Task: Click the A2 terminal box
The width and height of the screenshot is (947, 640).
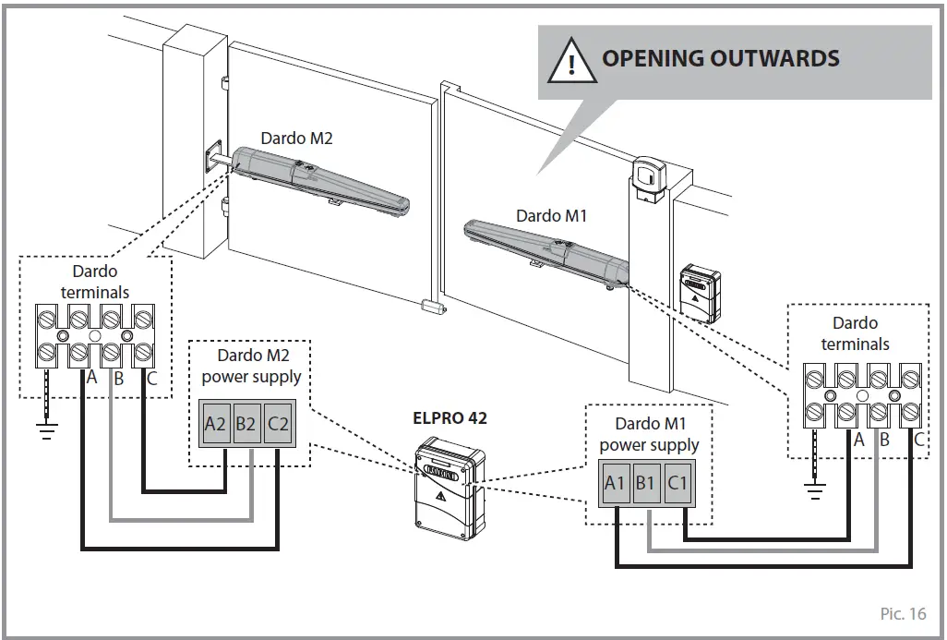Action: pos(215,424)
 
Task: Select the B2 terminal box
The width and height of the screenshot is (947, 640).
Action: pos(246,424)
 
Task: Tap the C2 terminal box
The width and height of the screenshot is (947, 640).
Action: pos(278,424)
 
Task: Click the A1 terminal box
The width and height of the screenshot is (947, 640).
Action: pos(615,483)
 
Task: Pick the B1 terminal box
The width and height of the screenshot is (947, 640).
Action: pos(646,483)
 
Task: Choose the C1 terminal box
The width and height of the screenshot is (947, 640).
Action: pos(677,483)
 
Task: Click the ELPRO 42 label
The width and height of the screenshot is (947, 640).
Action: pos(450,417)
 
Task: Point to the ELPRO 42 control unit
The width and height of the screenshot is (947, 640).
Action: pos(449,485)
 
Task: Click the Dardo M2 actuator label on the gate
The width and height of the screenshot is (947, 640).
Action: pos(296,139)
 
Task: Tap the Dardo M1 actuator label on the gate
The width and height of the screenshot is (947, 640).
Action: pos(551,216)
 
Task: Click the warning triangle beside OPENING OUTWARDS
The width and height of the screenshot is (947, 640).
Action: pos(572,61)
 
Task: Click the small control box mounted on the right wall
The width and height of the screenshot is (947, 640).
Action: pos(699,290)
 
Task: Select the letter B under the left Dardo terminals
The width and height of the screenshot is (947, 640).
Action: pos(118,378)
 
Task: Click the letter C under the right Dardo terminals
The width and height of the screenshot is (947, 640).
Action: pos(919,440)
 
